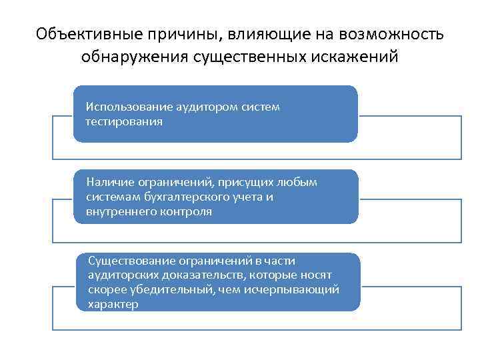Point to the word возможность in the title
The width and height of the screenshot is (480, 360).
[394, 34]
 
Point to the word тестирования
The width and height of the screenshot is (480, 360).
[123, 122]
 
